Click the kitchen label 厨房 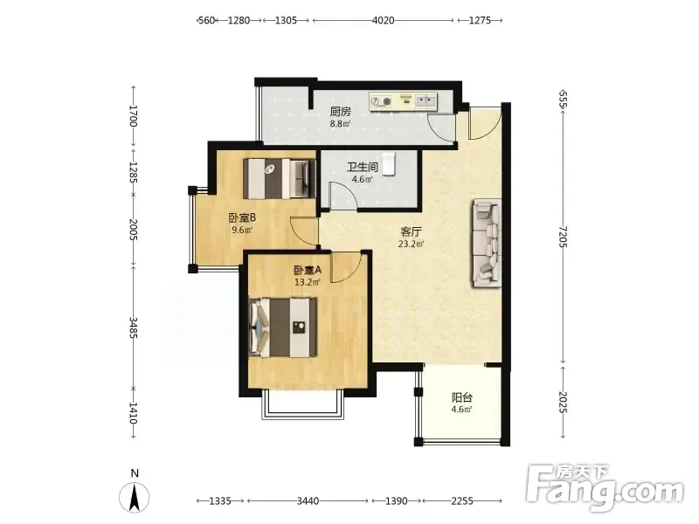click(x=340, y=112)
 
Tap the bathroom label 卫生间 click(x=363, y=167)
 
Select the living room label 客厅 click(x=411, y=231)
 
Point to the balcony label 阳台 click(x=461, y=397)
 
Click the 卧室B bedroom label click(x=242, y=217)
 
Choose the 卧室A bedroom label click(x=308, y=270)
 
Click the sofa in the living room click(x=487, y=243)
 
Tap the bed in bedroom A click(x=283, y=327)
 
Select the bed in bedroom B click(x=280, y=179)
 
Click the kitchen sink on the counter click(x=426, y=101)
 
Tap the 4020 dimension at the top click(x=384, y=20)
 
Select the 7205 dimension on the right click(x=563, y=237)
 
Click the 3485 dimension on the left click(x=134, y=327)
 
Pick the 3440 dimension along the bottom click(x=308, y=500)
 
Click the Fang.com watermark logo click(x=604, y=489)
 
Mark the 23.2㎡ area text click(x=411, y=244)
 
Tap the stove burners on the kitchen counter click(x=381, y=102)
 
